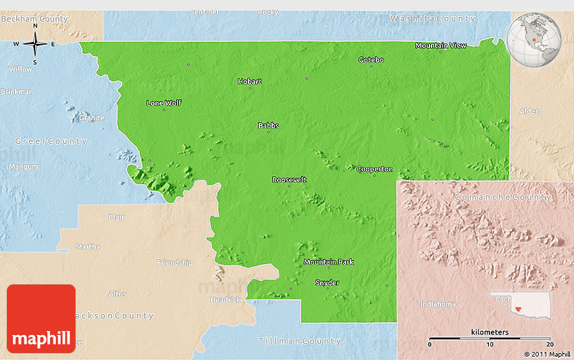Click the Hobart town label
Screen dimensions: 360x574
tap(250, 82)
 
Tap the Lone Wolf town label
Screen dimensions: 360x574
tap(164, 103)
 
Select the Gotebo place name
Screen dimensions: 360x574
tap(371, 60)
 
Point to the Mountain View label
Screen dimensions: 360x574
tap(440, 45)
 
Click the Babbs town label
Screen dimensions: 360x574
tap(268, 126)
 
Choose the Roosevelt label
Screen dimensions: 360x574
tap(289, 180)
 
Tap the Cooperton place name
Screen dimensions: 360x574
tap(374, 169)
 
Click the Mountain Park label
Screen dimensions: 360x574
tap(328, 262)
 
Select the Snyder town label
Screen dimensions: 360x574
tap(328, 282)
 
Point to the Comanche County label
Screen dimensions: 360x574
tap(502, 197)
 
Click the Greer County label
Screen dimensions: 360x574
tap(51, 141)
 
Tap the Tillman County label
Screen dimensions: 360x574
tap(299, 341)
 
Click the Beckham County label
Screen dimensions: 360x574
tap(34, 19)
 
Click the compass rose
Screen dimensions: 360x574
tap(35, 45)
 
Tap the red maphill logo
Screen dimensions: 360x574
tap(41, 318)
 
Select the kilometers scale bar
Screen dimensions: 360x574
tap(490, 337)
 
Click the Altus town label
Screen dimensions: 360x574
tap(117, 294)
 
